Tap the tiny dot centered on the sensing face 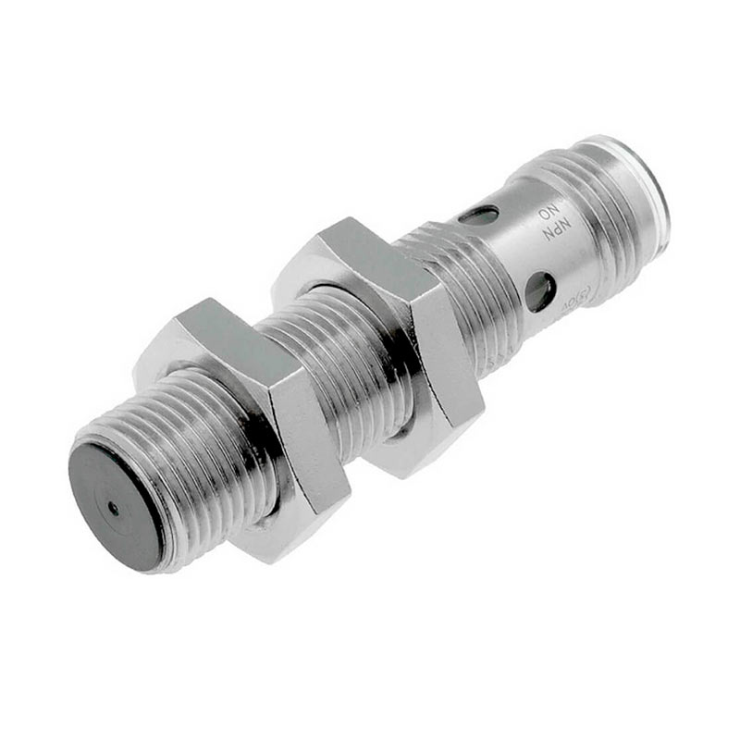(113, 507)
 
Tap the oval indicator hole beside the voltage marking (540, 289)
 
